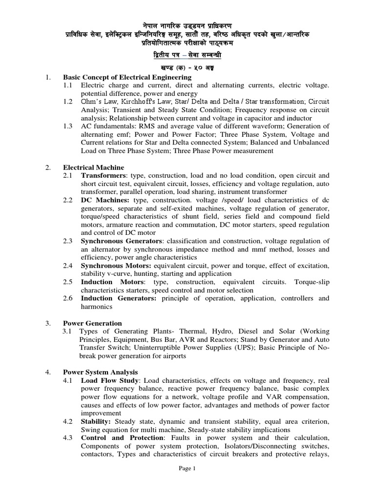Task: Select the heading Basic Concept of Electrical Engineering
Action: click(127, 77)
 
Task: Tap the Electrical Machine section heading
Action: click(94, 167)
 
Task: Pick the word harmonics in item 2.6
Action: click(97, 307)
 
